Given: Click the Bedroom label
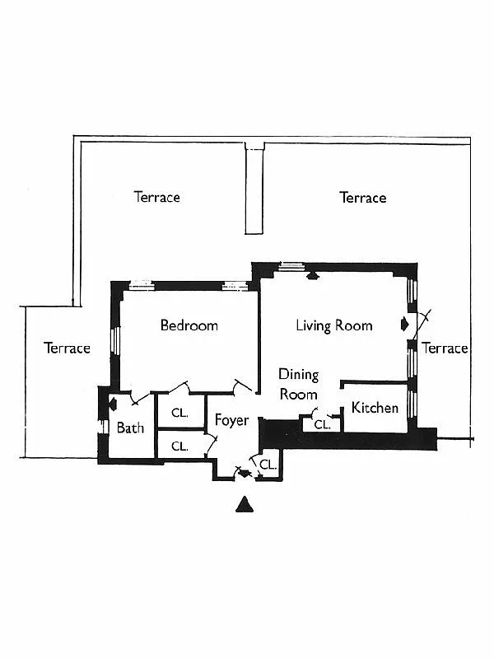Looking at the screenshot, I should click(x=189, y=325).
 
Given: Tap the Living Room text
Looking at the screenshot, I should click(x=334, y=325).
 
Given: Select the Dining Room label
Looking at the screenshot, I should click(x=298, y=384).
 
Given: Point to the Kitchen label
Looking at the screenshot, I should click(x=375, y=408).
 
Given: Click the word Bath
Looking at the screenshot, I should click(x=130, y=428).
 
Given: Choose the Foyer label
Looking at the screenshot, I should click(x=231, y=420).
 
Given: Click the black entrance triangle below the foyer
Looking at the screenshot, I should click(x=244, y=504).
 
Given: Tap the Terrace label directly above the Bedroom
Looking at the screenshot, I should click(x=156, y=197).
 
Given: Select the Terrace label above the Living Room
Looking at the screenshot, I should click(x=362, y=198).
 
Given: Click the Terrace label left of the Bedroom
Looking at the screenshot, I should click(x=67, y=348).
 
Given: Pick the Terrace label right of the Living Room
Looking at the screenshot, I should click(x=445, y=348).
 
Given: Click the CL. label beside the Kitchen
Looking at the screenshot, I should click(x=322, y=425).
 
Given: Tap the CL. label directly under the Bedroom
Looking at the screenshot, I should click(x=179, y=413).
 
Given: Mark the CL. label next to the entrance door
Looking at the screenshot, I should click(x=268, y=465).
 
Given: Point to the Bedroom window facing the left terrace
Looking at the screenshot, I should click(x=117, y=341).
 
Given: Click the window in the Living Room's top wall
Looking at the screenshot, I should click(x=290, y=265).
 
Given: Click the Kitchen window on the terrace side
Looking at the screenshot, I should click(x=413, y=404).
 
